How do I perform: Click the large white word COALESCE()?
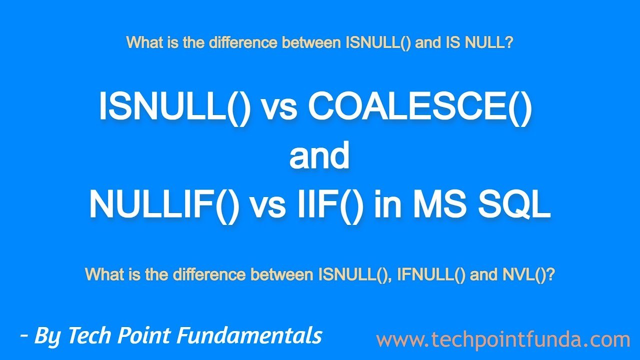tap(420, 107)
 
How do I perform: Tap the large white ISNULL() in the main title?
tap(175, 107)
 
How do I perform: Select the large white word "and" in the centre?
tap(319, 155)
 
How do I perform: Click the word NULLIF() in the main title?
tap(164, 205)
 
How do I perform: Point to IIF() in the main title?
tap(330, 205)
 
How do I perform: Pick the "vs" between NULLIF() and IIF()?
tap(268, 208)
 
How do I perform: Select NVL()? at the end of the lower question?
tap(528, 274)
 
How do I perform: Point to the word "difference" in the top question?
tap(243, 42)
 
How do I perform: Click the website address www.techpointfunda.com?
tap(503, 339)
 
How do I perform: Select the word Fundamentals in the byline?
tap(249, 335)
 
